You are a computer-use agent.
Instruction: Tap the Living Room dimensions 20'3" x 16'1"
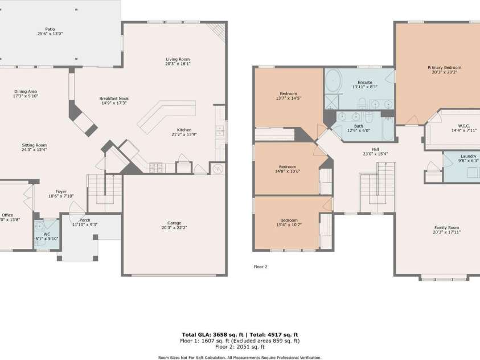[x=178, y=64]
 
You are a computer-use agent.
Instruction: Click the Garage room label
[x=174, y=223]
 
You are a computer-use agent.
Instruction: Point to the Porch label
[x=84, y=220]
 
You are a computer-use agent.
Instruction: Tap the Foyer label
[x=61, y=191]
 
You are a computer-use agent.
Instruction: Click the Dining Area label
[x=26, y=91]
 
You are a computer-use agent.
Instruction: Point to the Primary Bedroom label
[x=444, y=67]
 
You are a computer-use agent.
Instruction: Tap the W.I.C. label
[x=463, y=126]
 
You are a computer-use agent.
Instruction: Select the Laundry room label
[x=468, y=156]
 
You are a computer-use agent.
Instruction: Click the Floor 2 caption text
[x=260, y=266]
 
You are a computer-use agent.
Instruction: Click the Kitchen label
[x=184, y=130]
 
